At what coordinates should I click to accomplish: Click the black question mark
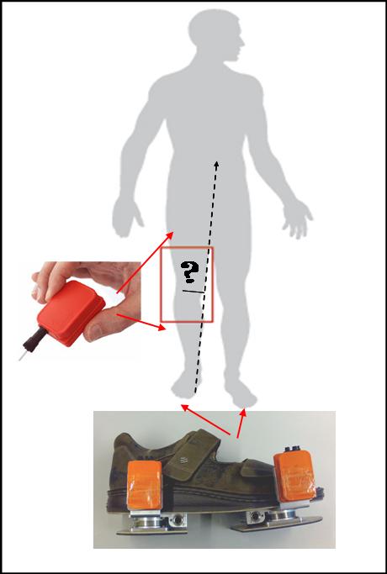pos(189,272)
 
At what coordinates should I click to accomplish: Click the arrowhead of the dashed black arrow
pos(216,165)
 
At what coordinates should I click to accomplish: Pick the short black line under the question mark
pos(193,292)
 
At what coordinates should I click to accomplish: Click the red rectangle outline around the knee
pos(161,285)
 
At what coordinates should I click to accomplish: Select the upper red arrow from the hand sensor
pos(145,262)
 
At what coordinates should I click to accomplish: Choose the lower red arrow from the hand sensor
pos(141,322)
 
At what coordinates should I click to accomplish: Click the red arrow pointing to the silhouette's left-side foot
pos(206,420)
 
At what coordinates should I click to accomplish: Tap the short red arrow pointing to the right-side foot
pos(241,424)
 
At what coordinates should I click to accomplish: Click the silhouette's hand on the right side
pos(296,219)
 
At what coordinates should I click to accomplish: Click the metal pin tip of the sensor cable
pos(22,356)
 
